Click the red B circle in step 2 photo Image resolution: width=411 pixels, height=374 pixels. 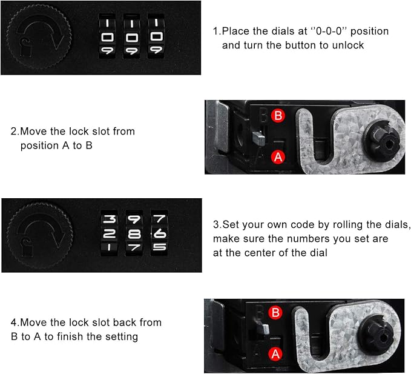click(x=278, y=116)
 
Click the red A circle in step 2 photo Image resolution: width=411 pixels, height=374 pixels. click(x=278, y=157)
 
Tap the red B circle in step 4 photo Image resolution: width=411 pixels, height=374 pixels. click(x=275, y=313)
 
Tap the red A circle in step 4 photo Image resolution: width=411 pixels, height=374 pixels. click(x=275, y=354)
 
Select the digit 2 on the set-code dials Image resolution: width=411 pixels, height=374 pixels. click(x=109, y=233)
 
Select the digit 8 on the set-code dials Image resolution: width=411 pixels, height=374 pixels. click(x=134, y=234)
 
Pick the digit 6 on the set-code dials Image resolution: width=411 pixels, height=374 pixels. click(x=159, y=233)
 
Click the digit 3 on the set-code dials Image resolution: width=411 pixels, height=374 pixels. click(x=109, y=219)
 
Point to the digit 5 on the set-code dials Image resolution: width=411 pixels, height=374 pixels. click(x=159, y=247)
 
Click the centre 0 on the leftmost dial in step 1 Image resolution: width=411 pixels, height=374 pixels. click(x=107, y=37)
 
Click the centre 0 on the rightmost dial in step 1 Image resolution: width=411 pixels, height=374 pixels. click(x=157, y=36)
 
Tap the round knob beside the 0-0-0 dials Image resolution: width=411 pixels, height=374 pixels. click(x=39, y=36)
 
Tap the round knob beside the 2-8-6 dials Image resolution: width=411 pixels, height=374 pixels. click(x=39, y=235)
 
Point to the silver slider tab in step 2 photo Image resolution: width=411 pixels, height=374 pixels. click(x=258, y=138)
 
